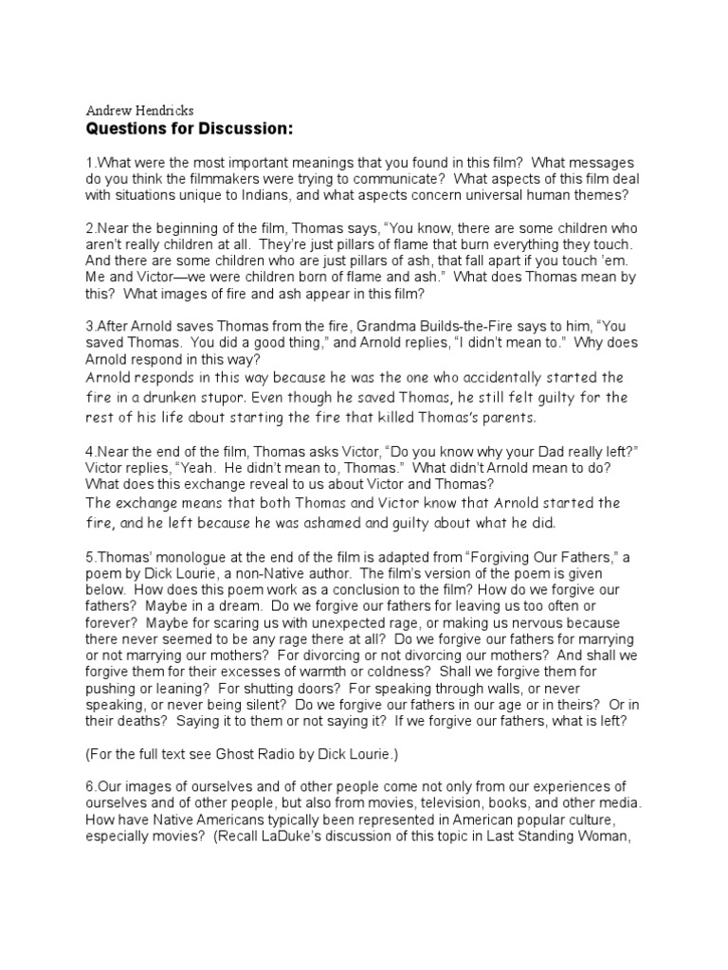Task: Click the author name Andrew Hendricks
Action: (140, 110)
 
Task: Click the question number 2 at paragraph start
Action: (89, 229)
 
